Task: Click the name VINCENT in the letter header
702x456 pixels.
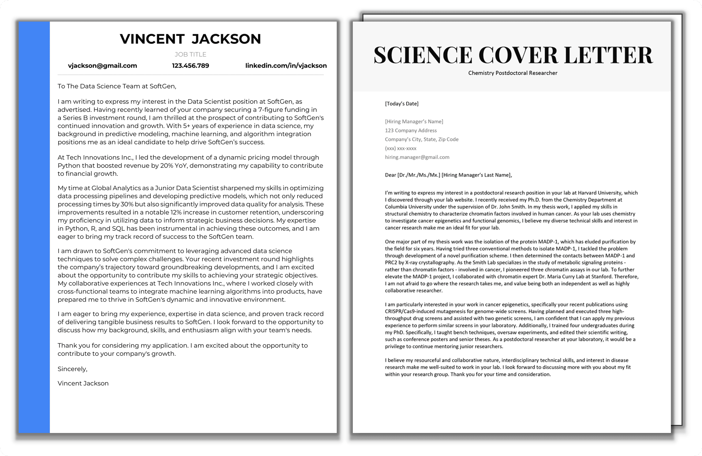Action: [152, 39]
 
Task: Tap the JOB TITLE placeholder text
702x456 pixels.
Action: [190, 54]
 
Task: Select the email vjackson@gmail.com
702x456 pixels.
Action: [102, 66]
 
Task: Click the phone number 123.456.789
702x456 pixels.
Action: [190, 66]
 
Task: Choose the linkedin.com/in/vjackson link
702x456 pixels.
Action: [286, 66]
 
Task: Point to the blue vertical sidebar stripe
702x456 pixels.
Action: [34, 227]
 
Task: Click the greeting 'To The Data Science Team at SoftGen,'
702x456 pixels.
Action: [117, 86]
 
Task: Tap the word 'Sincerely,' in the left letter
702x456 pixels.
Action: [72, 369]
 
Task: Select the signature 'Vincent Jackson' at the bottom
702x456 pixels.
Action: [83, 383]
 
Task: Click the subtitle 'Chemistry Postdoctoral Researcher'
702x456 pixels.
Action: [512, 73]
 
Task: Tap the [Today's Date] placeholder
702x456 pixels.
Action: [402, 104]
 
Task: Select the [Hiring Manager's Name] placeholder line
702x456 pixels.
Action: [414, 121]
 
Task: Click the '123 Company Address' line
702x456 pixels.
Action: [411, 131]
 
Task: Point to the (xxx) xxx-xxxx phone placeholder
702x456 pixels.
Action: [400, 148]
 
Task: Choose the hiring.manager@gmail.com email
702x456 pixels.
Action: [417, 157]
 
